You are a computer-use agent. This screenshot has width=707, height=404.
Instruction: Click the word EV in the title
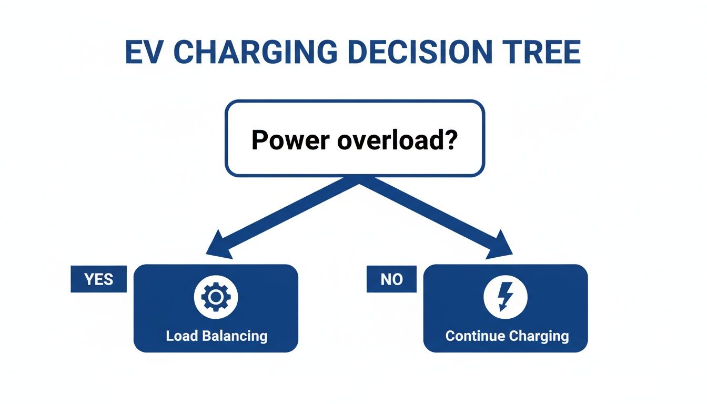(144, 52)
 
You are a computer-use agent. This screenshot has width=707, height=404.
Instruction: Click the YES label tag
(99, 279)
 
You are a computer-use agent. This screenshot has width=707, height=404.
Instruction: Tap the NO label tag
(391, 279)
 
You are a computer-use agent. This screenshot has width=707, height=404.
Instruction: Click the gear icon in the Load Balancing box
(216, 297)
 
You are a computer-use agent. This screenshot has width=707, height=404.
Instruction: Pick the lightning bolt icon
(505, 297)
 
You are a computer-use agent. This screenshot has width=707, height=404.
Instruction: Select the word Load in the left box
(181, 336)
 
